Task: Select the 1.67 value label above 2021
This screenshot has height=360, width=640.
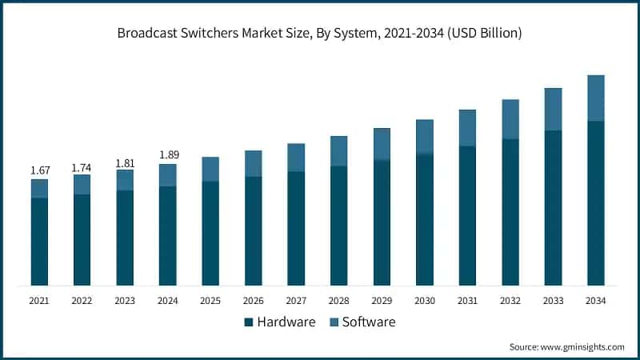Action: click(39, 170)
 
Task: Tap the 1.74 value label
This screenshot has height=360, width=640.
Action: click(82, 167)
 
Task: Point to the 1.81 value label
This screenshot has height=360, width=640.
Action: click(125, 163)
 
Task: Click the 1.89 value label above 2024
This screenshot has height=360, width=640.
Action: click(168, 154)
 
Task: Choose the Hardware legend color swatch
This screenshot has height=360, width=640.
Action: click(249, 322)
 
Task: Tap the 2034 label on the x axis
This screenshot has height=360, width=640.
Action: click(595, 300)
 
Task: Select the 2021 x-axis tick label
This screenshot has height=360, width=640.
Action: click(39, 300)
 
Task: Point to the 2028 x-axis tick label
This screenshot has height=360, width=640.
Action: click(338, 300)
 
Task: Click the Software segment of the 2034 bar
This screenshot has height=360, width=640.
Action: click(595, 98)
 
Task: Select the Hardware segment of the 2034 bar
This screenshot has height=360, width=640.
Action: click(595, 203)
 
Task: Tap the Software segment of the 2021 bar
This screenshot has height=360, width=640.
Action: click(39, 188)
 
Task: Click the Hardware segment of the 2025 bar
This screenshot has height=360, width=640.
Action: click(210, 233)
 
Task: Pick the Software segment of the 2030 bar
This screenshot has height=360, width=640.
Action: click(424, 136)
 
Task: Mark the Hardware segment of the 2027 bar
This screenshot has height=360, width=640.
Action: click(296, 228)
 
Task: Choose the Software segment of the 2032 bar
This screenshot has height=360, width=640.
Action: click(510, 119)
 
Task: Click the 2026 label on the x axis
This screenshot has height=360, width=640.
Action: click(253, 300)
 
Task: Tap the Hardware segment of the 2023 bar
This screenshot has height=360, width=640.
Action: click(125, 238)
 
